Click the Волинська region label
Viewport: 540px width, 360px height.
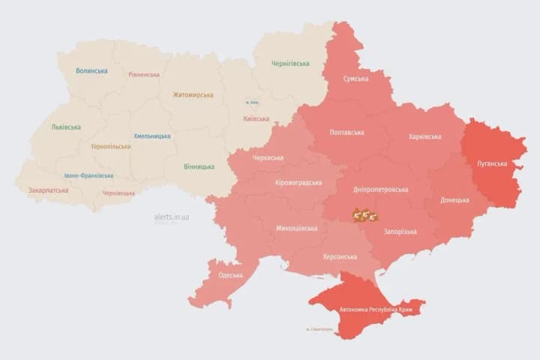pos(91,71)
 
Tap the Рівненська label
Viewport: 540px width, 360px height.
pos(144,75)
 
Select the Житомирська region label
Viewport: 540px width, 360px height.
pos(193,95)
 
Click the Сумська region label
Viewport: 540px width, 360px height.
pos(355,79)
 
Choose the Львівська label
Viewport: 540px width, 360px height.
pos(66,127)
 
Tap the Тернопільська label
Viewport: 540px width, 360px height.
pos(110,147)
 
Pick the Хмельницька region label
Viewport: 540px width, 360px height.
pos(152,136)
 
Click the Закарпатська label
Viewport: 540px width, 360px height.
pos(48,190)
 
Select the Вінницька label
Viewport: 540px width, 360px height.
pos(198,166)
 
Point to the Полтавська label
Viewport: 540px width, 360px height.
pos(346,133)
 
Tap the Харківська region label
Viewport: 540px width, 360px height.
pos(425,136)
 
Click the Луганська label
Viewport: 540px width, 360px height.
pos(492,163)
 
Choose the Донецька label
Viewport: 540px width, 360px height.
pos(454,200)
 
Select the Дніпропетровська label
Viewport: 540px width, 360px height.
pos(381,190)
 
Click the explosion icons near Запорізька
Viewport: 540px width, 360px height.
pos(365,216)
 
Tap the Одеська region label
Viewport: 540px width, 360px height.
pos(230,275)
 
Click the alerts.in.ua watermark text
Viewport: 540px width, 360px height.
pos(172,217)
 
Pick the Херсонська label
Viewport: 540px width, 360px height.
pos(340,256)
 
